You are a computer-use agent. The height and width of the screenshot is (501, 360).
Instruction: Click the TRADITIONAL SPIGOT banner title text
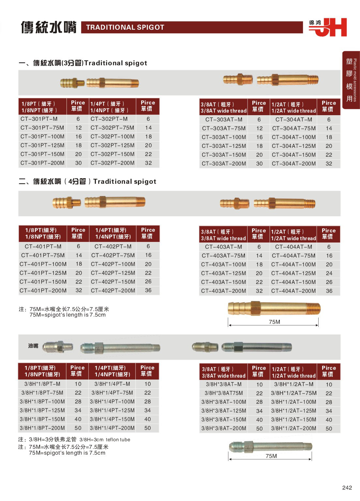[x=125, y=27]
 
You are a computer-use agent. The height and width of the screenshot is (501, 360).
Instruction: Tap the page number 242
[x=347, y=488]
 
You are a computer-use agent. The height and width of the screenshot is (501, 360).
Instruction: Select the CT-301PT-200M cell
[x=42, y=163]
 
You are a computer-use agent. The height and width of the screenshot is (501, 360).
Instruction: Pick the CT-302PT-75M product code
[x=112, y=128]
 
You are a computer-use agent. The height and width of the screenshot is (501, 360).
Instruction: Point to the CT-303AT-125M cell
[x=224, y=146]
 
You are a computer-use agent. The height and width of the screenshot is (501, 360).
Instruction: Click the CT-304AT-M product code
[x=293, y=119]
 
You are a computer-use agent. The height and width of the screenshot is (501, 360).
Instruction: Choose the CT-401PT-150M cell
[x=43, y=282]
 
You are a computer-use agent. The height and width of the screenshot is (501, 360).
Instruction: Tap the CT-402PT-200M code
[x=113, y=290]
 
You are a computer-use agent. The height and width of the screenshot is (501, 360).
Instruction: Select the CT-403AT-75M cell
[x=224, y=256]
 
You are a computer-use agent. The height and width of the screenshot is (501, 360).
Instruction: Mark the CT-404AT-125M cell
[x=293, y=273]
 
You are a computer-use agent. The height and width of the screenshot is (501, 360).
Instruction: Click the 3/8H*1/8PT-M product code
[x=42, y=384]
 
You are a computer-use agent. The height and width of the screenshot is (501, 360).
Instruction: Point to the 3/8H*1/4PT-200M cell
[x=112, y=428]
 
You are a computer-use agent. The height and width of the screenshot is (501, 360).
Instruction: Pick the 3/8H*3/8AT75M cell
[x=224, y=393]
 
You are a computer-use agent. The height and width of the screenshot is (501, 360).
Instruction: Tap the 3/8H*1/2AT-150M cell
[x=293, y=419]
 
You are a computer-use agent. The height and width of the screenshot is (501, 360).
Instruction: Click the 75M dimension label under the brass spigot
[x=274, y=322]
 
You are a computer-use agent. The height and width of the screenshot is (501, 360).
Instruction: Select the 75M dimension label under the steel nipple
[x=271, y=456]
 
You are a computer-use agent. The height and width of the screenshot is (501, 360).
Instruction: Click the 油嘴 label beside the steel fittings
[x=33, y=346]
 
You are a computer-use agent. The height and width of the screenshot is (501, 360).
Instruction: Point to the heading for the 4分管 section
[x=87, y=181]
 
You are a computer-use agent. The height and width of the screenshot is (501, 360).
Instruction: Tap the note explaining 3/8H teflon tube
[x=74, y=440]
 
